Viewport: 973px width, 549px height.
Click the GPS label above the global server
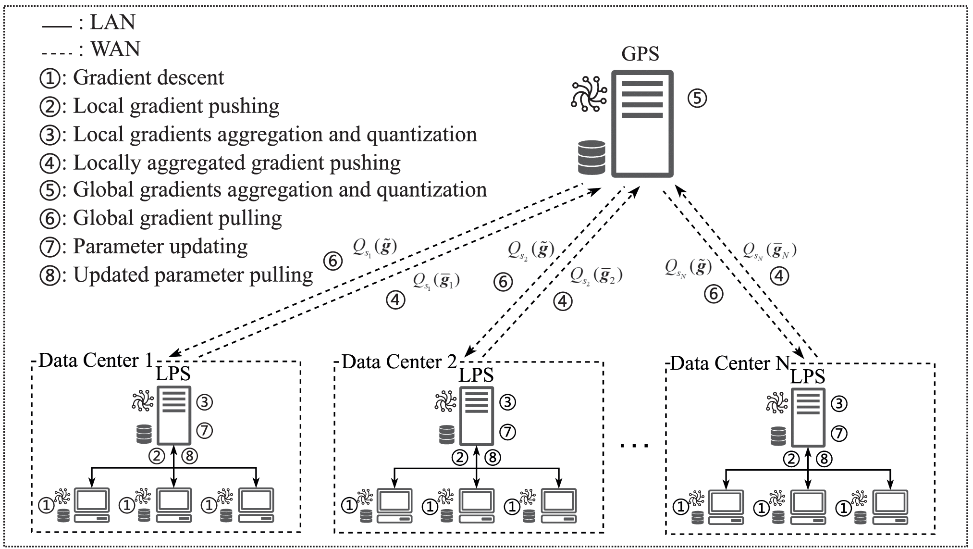[x=640, y=54]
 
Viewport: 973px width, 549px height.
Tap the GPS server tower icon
[x=642, y=124]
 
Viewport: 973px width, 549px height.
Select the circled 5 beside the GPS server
[x=697, y=99]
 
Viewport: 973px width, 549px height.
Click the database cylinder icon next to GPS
[x=591, y=157]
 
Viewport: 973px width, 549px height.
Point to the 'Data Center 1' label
[x=95, y=360]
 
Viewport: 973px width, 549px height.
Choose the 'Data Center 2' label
[x=399, y=362]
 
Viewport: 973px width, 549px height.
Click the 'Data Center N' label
[x=729, y=363]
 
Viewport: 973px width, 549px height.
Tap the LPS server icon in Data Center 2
[x=477, y=416]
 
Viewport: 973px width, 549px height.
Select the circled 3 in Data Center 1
[x=204, y=402]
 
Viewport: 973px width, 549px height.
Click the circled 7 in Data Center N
[x=838, y=433]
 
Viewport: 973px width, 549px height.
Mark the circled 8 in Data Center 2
[x=493, y=458]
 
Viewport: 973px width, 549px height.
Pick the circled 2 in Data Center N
[x=791, y=459]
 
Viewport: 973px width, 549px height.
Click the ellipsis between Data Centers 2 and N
[x=634, y=446]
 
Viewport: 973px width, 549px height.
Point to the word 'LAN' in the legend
[x=113, y=22]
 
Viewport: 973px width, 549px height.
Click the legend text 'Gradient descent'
[x=148, y=78]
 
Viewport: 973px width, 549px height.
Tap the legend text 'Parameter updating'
[x=160, y=246]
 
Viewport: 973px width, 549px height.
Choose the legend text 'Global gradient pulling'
[x=177, y=218]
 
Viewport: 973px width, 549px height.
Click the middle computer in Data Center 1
[x=174, y=505]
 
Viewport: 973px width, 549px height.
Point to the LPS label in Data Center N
[x=808, y=376]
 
